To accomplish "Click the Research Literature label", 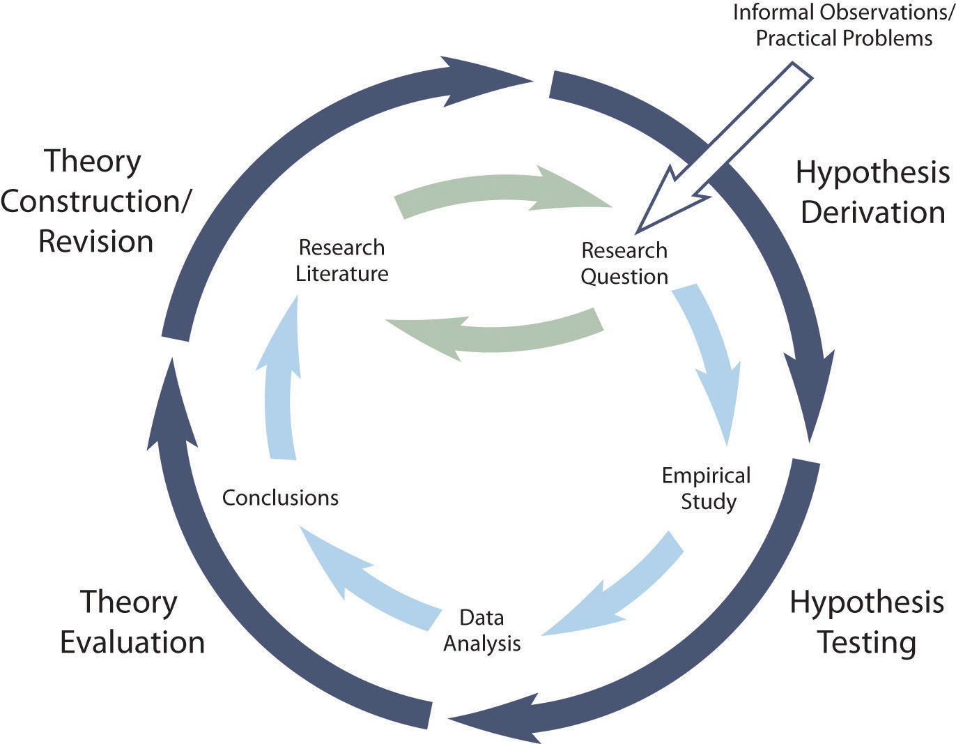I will pos(341,260).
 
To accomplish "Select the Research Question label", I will pos(624,263).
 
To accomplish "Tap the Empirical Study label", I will pos(707,488).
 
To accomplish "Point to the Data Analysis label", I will pos(481,630).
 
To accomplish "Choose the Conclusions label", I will pos(280,498).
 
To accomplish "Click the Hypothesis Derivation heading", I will pos(872,192).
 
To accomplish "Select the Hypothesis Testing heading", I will pos(867,622).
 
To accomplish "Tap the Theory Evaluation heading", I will pos(132,622).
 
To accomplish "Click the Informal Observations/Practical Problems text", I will pos(844,26).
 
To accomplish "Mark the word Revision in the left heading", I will pos(95,241).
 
